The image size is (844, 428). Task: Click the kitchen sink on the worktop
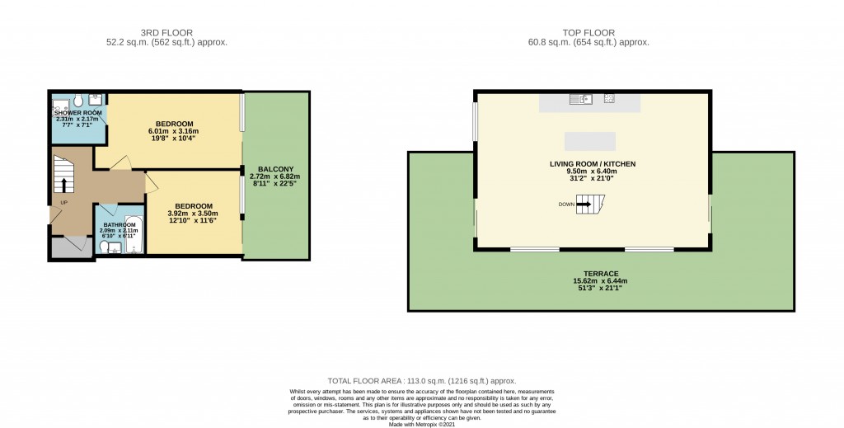577,100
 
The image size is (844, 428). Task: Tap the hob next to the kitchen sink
608,100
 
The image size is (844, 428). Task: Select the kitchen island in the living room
589,139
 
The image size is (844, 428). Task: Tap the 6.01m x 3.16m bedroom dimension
173,131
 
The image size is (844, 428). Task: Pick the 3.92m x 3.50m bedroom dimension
194,214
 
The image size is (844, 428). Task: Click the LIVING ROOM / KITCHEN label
593,164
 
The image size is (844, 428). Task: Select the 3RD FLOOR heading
167,33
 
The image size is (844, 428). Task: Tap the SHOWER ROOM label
78,112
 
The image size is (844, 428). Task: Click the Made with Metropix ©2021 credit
421,423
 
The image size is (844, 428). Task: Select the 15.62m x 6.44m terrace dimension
601,281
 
